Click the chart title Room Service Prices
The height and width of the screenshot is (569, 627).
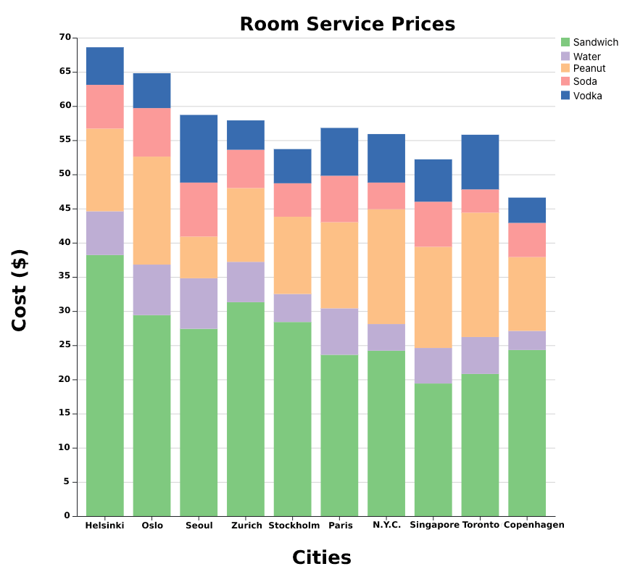coord(347,24)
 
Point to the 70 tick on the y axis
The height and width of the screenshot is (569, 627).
coord(65,38)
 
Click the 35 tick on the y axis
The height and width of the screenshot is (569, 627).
coord(65,276)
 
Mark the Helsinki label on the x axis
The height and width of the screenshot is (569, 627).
coord(104,526)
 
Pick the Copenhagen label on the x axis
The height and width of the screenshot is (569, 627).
coord(533,525)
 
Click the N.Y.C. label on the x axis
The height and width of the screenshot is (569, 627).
coord(386,525)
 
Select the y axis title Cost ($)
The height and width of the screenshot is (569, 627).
coord(20,290)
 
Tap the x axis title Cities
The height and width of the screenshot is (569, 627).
coord(321,557)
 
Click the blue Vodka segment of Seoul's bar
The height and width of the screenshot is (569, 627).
coord(199,149)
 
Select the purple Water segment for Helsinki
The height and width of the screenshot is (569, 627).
coord(105,233)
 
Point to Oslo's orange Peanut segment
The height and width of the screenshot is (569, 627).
coord(151,211)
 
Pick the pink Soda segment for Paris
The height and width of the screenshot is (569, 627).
coord(339,199)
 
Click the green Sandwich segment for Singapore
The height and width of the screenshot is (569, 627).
coord(433,449)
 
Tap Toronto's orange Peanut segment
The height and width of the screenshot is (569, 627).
coord(480,275)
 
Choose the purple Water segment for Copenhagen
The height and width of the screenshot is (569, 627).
coord(527,341)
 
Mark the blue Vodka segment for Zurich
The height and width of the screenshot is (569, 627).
coord(246,135)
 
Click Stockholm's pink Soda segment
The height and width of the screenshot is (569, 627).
coord(292,200)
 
